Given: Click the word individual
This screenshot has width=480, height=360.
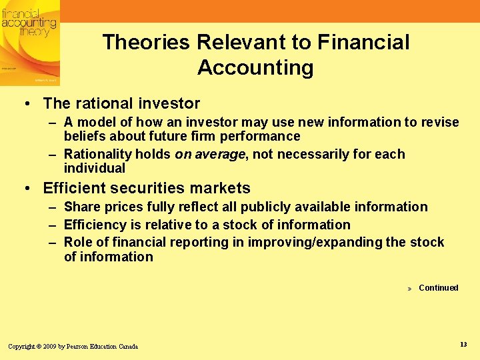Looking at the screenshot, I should (x=94, y=169).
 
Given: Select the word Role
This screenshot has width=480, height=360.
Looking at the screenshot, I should (x=78, y=243).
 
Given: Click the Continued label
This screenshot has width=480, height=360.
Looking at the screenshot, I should (x=438, y=288).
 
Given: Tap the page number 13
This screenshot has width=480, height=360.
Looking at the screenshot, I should (x=463, y=344).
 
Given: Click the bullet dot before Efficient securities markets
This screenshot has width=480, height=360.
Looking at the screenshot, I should (x=27, y=189).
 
